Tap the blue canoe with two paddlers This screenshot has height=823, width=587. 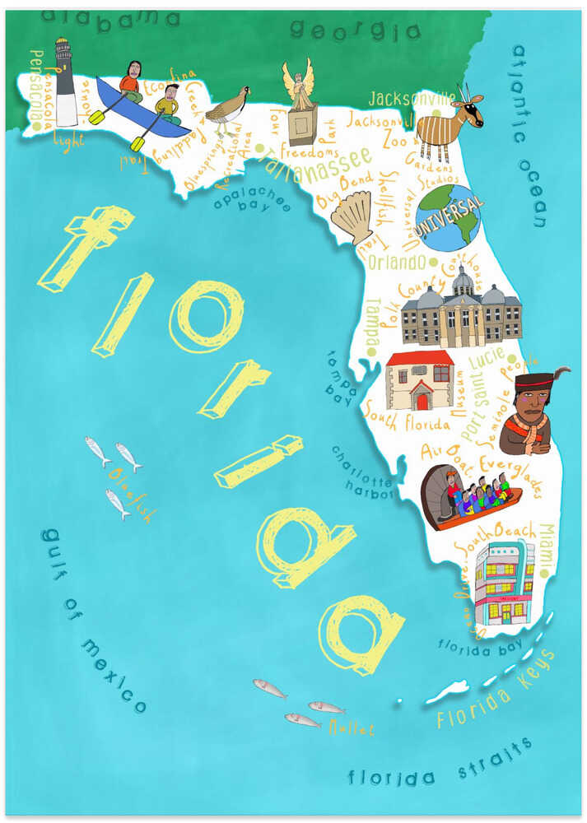tap(140, 105)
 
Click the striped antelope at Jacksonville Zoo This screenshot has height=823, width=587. tap(447, 124)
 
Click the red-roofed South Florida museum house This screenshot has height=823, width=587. tap(420, 380)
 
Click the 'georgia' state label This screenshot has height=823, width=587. tap(355, 31)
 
